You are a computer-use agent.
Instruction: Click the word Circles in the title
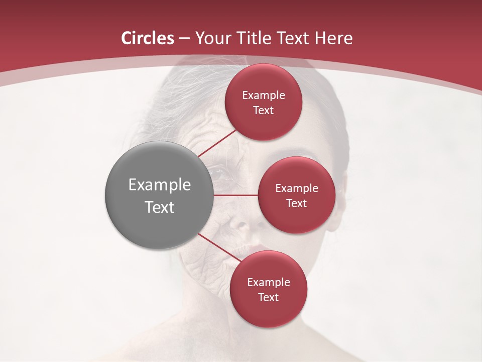[147, 38]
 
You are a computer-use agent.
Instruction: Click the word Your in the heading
[211, 38]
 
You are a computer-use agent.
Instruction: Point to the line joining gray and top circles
[218, 143]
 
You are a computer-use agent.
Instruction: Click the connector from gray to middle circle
[235, 195]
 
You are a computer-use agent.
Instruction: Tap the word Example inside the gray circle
[160, 185]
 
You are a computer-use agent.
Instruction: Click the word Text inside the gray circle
[160, 207]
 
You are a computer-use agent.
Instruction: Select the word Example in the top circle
[264, 96]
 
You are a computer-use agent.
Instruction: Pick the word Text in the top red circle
[264, 111]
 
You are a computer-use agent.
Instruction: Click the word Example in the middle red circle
[297, 189]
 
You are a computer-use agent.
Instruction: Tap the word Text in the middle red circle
[297, 204]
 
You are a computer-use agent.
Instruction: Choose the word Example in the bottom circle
[269, 283]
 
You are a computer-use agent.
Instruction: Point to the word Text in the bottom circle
[269, 298]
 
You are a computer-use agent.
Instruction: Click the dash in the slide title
[184, 39]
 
